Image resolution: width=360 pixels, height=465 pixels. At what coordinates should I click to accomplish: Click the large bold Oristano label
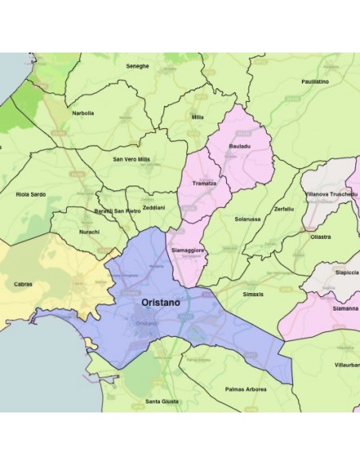(160, 303)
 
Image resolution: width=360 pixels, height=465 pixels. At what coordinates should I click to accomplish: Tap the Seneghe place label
(138, 66)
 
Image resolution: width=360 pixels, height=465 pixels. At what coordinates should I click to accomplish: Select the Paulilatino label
(315, 81)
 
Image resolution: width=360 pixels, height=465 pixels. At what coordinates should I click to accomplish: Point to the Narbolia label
(83, 113)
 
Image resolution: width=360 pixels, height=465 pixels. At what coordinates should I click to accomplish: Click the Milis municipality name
(198, 117)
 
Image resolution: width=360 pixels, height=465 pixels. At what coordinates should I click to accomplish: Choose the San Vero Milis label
(131, 159)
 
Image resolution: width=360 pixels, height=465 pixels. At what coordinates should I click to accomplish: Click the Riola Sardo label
(30, 193)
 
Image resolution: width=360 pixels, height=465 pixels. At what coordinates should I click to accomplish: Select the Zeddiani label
(154, 207)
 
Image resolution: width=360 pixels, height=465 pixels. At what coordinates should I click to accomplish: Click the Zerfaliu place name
(284, 208)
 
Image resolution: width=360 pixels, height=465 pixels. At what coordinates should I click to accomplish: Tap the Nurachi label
(89, 232)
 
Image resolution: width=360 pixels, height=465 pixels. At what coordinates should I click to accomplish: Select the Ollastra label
(321, 236)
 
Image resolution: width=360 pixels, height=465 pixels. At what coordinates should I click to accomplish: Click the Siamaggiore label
(188, 251)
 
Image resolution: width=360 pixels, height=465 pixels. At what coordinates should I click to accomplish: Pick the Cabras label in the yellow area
(23, 283)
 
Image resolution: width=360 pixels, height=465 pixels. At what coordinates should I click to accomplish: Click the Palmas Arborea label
(246, 389)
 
